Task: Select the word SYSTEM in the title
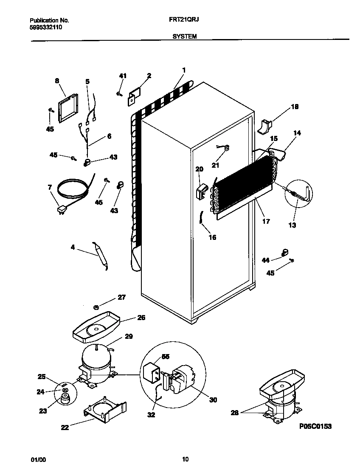pyautogui.click(x=184, y=37)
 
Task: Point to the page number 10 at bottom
pyautogui.click(x=185, y=459)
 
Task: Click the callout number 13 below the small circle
pyautogui.click(x=293, y=225)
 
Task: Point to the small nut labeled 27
pyautogui.click(x=97, y=307)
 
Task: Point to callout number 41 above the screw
pyautogui.click(x=123, y=76)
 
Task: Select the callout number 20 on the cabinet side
pyautogui.click(x=199, y=169)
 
